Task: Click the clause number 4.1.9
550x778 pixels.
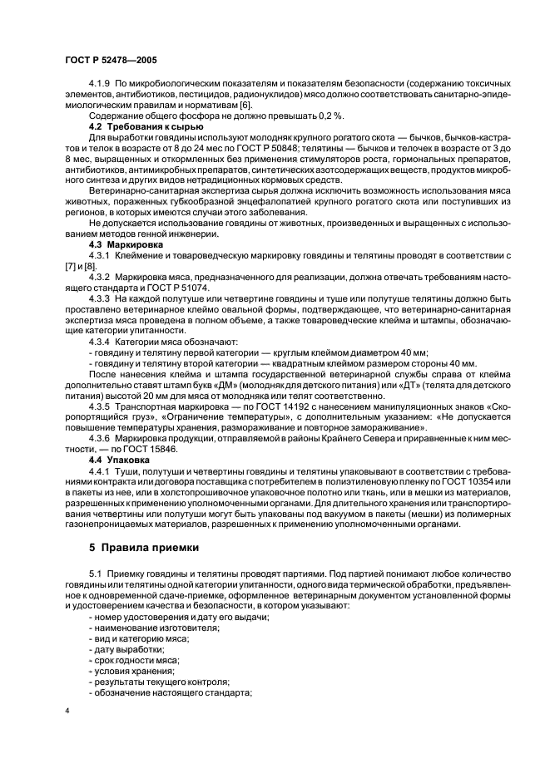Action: [100, 85]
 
